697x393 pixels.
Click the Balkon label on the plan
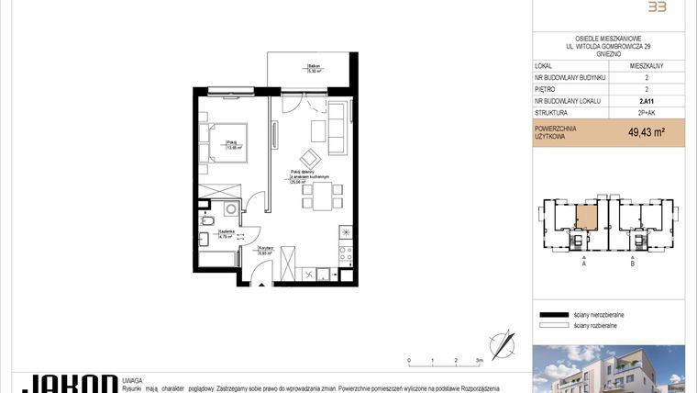click(x=314, y=67)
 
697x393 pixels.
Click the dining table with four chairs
click(x=322, y=194)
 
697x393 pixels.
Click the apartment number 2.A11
click(x=647, y=101)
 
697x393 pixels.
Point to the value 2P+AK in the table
click(x=647, y=113)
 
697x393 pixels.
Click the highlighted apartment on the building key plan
click(x=584, y=217)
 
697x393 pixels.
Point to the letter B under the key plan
click(x=632, y=263)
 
